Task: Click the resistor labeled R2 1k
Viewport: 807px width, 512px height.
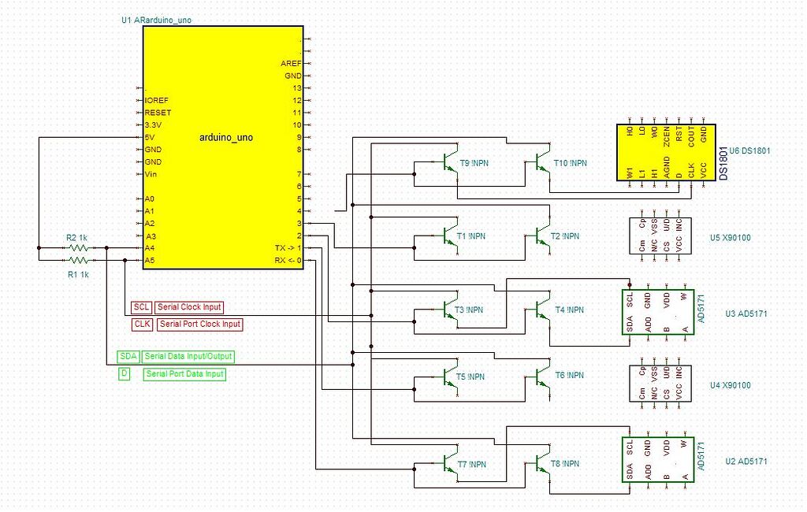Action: [x=79, y=247]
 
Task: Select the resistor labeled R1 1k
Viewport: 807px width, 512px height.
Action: [x=79, y=259]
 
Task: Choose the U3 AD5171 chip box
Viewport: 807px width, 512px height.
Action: [x=658, y=313]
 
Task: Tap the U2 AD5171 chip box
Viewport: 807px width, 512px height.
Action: [x=658, y=461]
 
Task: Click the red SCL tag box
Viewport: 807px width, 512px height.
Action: [x=141, y=307]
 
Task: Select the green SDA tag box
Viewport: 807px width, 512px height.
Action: [x=128, y=357]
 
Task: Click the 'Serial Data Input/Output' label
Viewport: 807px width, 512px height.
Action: [x=188, y=357]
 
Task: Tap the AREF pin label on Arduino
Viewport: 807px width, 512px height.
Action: [x=291, y=63]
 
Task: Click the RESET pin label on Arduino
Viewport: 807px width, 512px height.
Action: [x=158, y=113]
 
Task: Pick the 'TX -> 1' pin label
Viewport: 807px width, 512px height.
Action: [x=284, y=248]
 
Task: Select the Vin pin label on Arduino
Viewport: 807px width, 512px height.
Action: [x=152, y=174]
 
